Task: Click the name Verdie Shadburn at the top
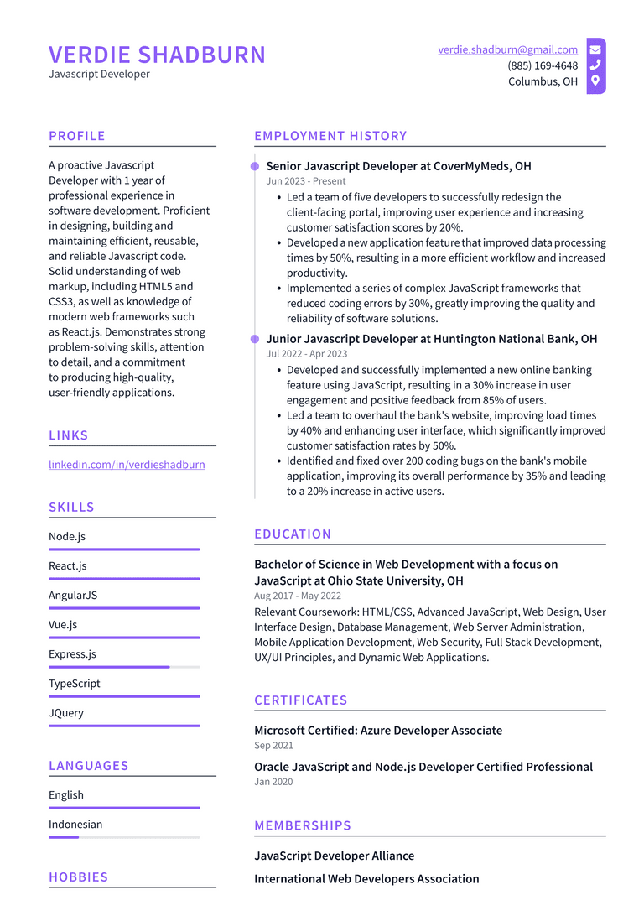point(157,55)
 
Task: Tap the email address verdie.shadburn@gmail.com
point(507,49)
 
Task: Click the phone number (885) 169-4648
point(542,65)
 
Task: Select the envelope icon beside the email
point(595,49)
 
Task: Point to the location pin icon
point(595,81)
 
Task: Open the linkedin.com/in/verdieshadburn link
point(127,464)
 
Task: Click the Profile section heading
point(77,136)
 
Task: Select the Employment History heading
point(330,136)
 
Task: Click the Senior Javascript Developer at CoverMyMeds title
point(398,166)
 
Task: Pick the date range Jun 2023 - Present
point(305,181)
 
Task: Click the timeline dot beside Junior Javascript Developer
point(255,339)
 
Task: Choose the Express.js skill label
point(72,653)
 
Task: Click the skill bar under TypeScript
point(124,696)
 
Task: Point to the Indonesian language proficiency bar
point(124,837)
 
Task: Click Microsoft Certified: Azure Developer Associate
point(378,731)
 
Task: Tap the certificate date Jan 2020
point(273,782)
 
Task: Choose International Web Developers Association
point(366,879)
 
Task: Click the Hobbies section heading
point(79,877)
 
